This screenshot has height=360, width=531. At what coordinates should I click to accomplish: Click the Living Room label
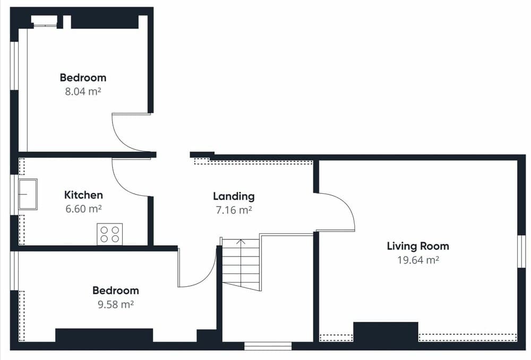coord(418,246)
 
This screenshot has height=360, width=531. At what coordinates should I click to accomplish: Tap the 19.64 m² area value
coord(418,260)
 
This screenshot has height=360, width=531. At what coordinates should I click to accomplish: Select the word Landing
coord(234,196)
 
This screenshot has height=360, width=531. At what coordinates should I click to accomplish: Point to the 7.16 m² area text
coord(234,210)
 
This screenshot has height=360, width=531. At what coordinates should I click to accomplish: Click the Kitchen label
coord(83,195)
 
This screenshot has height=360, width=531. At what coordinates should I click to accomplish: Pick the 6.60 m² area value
coord(84,209)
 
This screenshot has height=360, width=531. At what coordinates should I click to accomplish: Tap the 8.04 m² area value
coord(83,91)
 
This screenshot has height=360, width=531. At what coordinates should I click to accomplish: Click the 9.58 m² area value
coord(116,304)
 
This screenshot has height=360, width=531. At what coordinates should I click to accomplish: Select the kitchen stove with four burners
coord(110,234)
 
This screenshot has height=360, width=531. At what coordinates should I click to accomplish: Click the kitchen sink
coord(28,194)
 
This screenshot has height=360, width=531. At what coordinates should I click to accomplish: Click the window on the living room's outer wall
coord(521,251)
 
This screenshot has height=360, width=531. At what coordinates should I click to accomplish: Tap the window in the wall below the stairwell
coord(268,346)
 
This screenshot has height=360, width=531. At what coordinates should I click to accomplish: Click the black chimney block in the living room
coord(386,332)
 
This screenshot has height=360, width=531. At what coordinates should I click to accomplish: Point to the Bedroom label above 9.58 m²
coord(116,290)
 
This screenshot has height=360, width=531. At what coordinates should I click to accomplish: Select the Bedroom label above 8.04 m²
coord(83,78)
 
